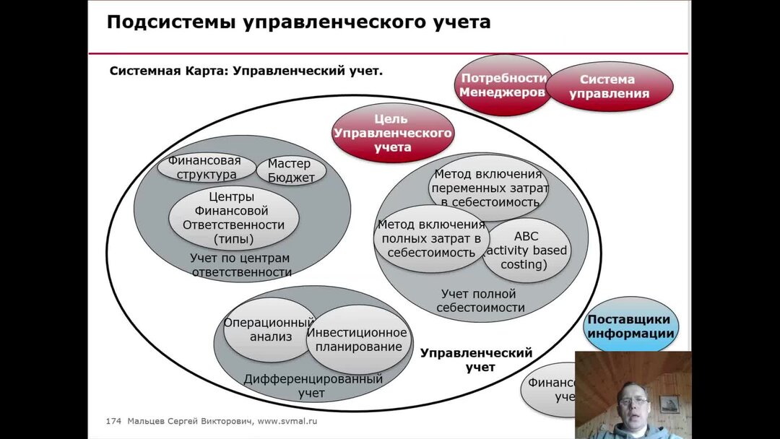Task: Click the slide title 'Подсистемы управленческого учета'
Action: click(x=298, y=22)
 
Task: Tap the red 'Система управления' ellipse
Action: click(x=608, y=87)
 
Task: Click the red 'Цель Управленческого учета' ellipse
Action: click(x=391, y=133)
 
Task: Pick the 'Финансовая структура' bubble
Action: click(x=206, y=168)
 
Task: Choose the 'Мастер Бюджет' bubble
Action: click(x=292, y=171)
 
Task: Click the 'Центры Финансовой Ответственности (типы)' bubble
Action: click(x=233, y=217)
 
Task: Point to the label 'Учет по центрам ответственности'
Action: click(x=240, y=265)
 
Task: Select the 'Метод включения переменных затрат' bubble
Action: click(x=489, y=188)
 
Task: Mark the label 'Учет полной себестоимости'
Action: click(x=479, y=300)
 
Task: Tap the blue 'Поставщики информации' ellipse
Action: click(x=630, y=326)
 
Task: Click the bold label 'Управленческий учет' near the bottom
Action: click(x=476, y=360)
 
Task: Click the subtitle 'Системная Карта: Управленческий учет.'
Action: click(x=246, y=71)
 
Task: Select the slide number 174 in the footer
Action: click(x=113, y=421)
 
